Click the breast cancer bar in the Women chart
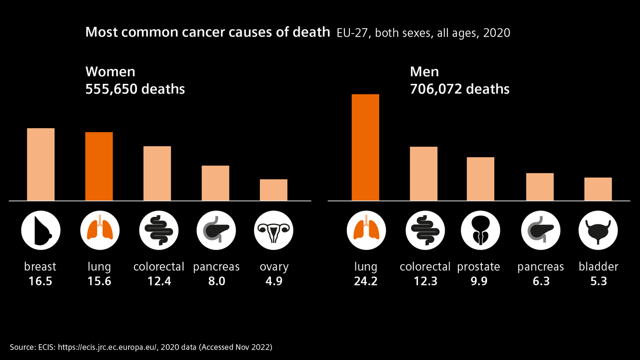click(41, 164)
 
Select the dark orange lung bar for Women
click(99, 166)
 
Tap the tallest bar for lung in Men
click(366, 148)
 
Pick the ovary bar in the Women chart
click(274, 190)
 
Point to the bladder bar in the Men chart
click(598, 189)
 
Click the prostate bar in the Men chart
click(480, 179)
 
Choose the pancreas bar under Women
click(215, 183)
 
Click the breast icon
click(41, 231)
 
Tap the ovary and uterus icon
click(274, 231)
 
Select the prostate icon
click(480, 231)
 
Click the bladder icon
click(598, 231)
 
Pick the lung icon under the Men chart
click(366, 231)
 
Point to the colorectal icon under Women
click(159, 231)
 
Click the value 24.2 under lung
click(366, 281)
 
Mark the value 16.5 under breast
click(40, 281)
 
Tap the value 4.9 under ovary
click(274, 281)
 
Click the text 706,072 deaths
click(460, 89)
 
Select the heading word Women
click(110, 72)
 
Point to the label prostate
click(479, 267)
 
